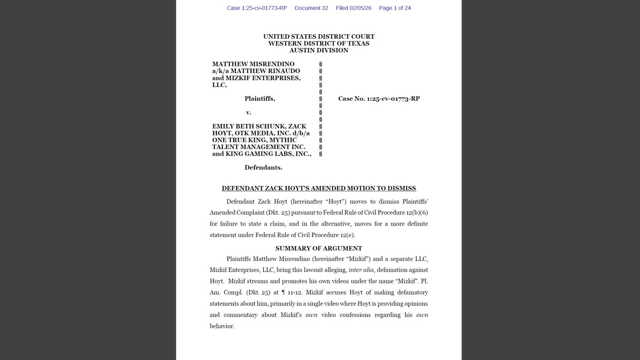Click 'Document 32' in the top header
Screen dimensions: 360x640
(x=311, y=8)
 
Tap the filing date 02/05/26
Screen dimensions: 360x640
(x=360, y=8)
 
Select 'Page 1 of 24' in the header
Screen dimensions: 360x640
(x=395, y=8)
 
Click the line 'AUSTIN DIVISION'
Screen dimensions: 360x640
(x=319, y=50)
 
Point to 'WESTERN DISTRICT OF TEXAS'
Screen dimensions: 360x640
(x=319, y=43)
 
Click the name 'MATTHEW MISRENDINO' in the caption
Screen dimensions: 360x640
(x=253, y=64)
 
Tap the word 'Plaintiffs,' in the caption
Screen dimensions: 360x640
(x=260, y=99)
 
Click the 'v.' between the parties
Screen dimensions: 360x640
(x=248, y=112)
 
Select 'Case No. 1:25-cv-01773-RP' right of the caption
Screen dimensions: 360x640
(x=379, y=99)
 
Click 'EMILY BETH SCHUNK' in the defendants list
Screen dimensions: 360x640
(x=249, y=126)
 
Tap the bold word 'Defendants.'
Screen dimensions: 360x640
(x=263, y=168)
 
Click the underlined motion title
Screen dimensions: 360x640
(x=319, y=188)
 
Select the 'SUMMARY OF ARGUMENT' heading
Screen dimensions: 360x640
(x=319, y=248)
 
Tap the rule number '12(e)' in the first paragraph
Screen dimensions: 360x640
(x=347, y=235)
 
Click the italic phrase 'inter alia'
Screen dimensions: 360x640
(x=361, y=270)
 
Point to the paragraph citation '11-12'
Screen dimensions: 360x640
(x=294, y=292)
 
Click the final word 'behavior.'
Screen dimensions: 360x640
(x=222, y=326)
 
